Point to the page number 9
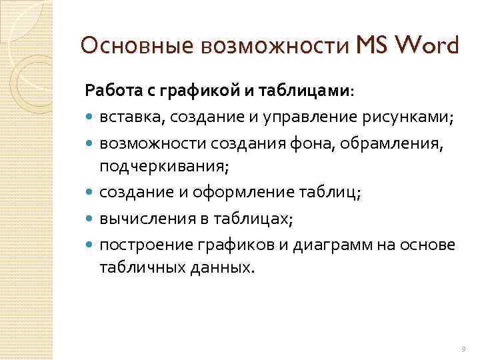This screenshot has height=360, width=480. pos(462,348)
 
